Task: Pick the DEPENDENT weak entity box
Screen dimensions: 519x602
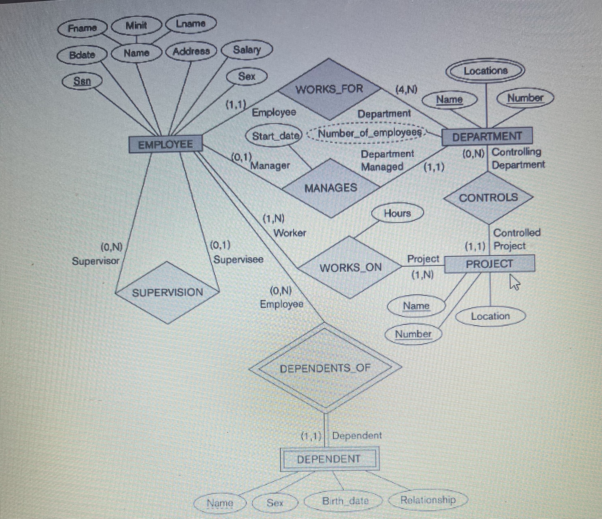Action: pos(329,459)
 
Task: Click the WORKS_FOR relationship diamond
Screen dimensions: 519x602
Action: pos(329,89)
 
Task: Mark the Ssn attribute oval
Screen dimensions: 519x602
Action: pos(82,81)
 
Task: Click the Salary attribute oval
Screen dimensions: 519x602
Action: pos(247,50)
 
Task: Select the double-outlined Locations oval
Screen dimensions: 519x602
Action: pos(486,71)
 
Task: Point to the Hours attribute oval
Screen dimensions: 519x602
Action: pos(397,213)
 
